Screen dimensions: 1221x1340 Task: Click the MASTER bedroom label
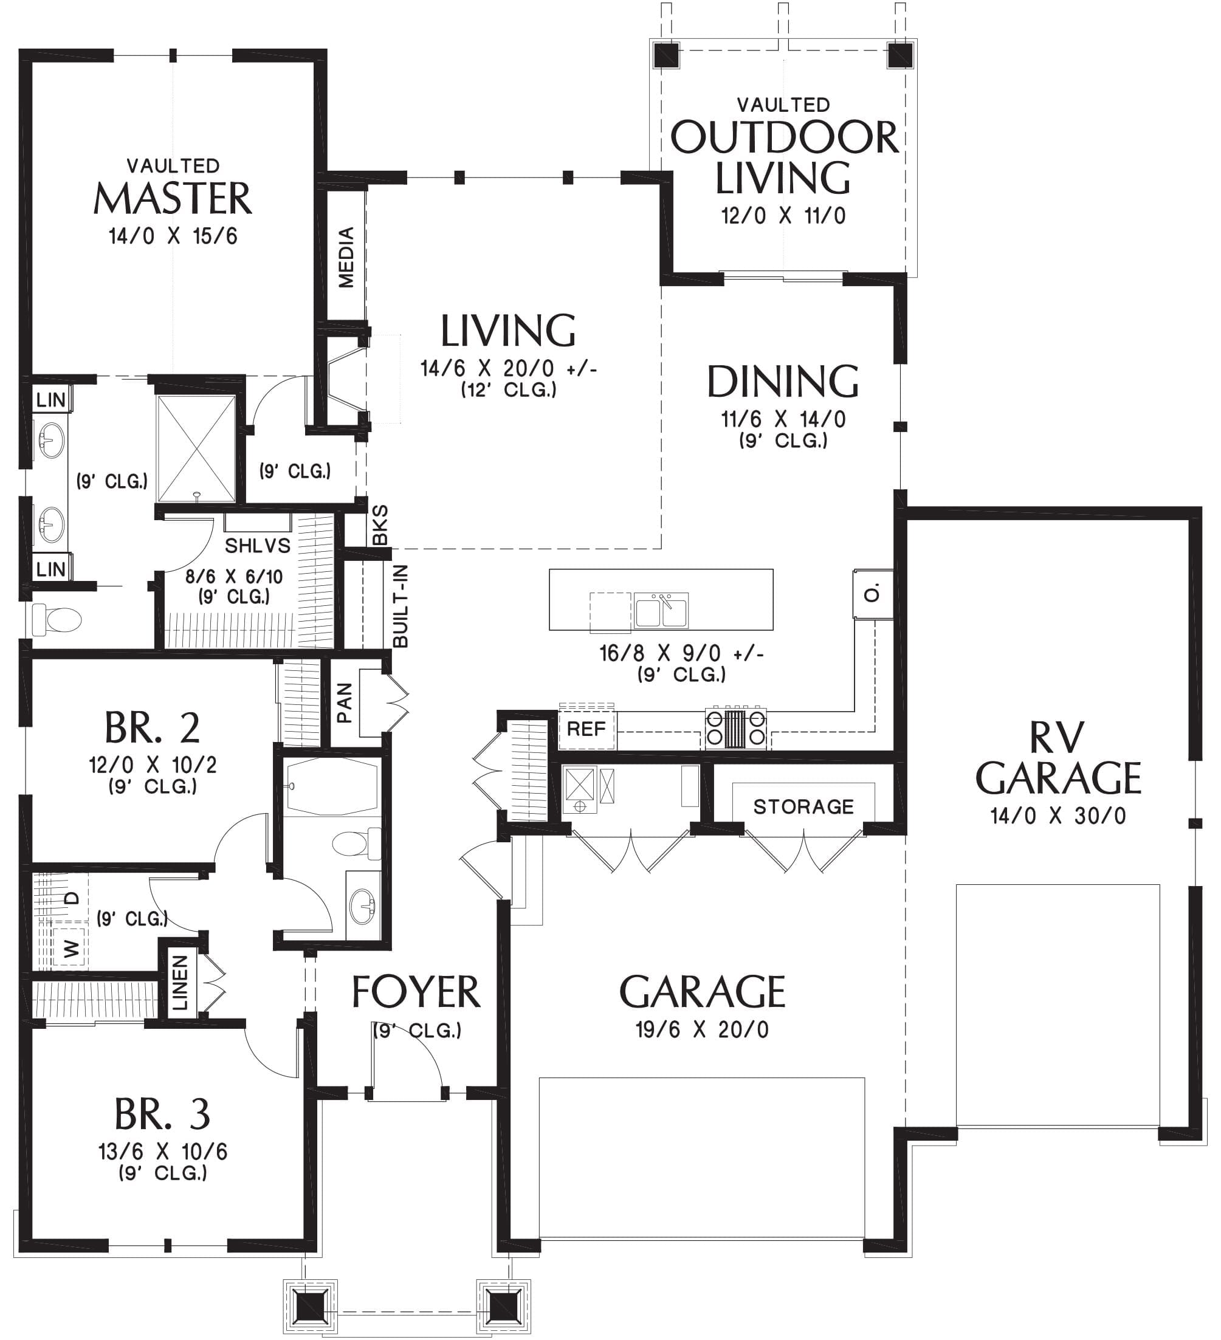(173, 198)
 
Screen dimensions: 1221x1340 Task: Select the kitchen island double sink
(661, 610)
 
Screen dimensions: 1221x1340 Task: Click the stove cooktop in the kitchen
(736, 729)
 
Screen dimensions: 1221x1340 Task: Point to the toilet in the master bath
(56, 619)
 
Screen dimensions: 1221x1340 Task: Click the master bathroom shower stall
(196, 448)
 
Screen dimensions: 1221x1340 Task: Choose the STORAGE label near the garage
(803, 806)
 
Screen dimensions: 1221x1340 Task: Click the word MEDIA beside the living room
(346, 257)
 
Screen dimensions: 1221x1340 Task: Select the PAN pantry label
(345, 703)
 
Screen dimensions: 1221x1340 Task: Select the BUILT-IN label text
(400, 606)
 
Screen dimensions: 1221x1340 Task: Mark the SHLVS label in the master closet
(257, 546)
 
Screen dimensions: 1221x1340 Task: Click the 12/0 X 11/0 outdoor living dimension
(783, 216)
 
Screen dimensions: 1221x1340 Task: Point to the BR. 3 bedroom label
(162, 1114)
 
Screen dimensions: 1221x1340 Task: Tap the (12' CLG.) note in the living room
(509, 390)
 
